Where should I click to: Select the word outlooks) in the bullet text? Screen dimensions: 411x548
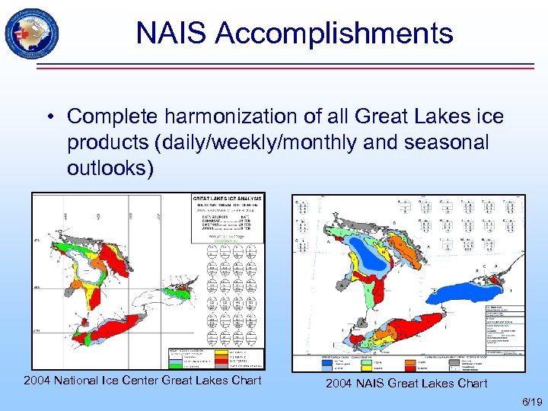[110, 167]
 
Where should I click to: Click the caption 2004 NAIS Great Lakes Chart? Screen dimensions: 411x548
[406, 383]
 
